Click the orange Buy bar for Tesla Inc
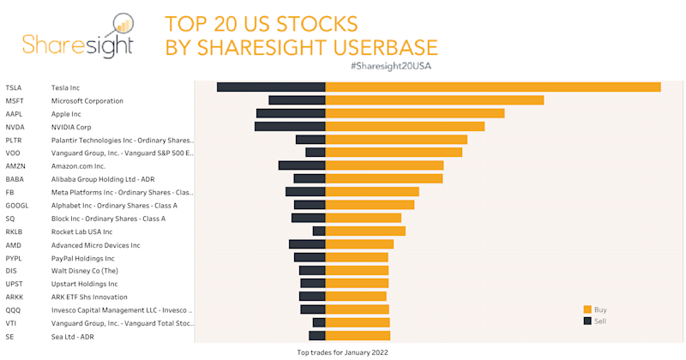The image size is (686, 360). (493, 87)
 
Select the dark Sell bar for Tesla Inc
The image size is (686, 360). (271, 87)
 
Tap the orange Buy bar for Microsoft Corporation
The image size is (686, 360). (435, 100)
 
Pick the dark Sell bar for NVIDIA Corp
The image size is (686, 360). (290, 127)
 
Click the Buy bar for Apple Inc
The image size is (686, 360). (415, 113)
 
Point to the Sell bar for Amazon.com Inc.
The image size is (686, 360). (302, 165)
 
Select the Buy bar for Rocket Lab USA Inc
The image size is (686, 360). (365, 231)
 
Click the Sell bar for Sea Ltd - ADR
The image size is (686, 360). (317, 336)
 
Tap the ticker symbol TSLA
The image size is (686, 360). (14, 87)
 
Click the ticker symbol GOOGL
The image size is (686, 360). (17, 206)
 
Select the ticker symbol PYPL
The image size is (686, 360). (14, 258)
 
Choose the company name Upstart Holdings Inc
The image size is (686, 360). (84, 284)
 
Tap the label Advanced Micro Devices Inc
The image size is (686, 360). (95, 245)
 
